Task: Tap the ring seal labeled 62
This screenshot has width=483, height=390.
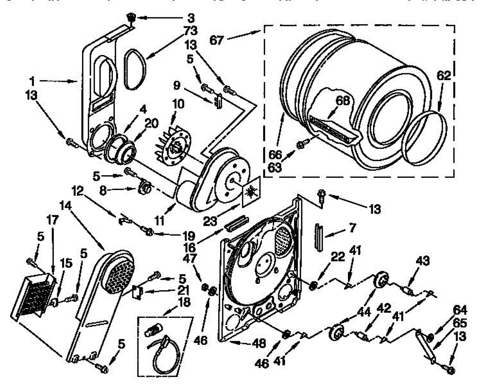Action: [x=426, y=138]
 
